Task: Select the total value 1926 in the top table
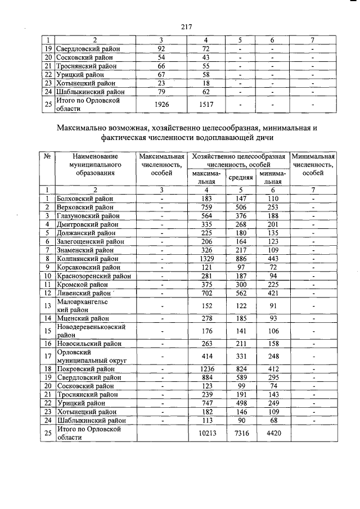(x=161, y=105)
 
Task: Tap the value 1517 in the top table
(x=206, y=105)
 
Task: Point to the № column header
(x=48, y=156)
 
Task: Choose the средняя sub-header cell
(x=241, y=178)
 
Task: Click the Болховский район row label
(x=85, y=199)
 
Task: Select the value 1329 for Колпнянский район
(x=208, y=258)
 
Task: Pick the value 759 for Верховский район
(x=208, y=208)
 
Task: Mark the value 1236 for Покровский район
(x=208, y=368)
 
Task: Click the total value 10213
(x=208, y=434)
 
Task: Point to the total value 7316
(x=241, y=434)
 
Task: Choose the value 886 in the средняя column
(x=241, y=258)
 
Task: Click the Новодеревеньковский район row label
(x=90, y=331)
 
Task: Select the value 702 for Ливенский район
(x=208, y=292)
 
